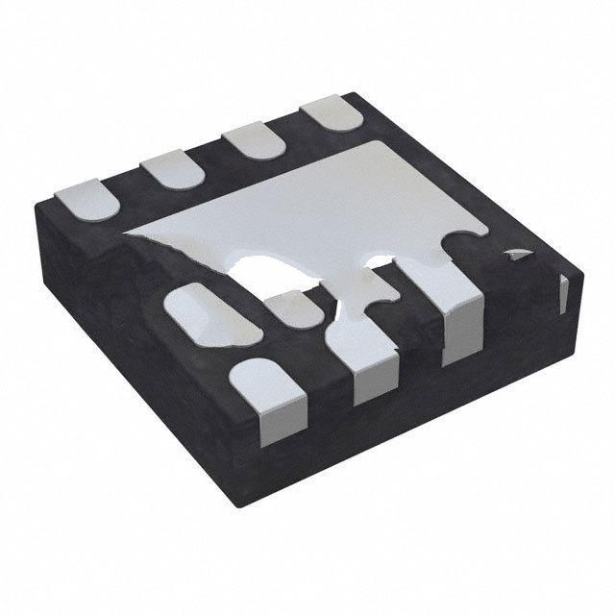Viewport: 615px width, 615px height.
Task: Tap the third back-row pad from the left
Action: click(x=253, y=143)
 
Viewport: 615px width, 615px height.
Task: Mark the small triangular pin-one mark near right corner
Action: click(x=518, y=255)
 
